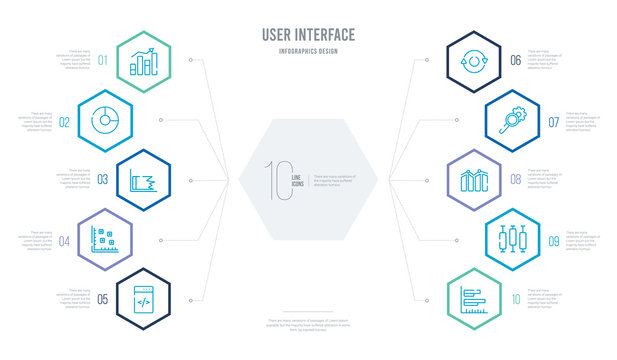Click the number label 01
tap(102, 59)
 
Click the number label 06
tap(515, 59)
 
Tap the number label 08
tap(515, 180)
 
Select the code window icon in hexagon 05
tap(142, 297)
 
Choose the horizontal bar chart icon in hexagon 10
tap(475, 298)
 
